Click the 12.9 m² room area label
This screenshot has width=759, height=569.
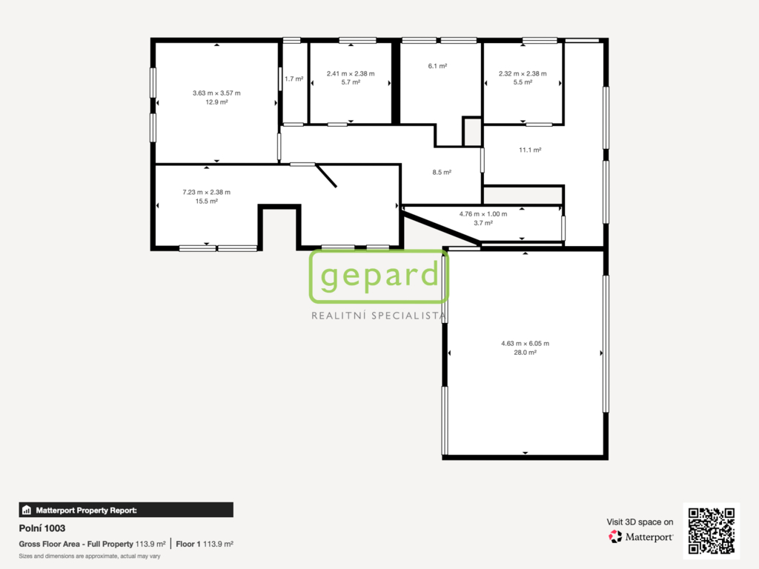216,102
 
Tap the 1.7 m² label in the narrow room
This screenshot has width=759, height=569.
294,79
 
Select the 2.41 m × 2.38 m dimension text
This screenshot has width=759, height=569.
351,73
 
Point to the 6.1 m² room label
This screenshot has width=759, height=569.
437,66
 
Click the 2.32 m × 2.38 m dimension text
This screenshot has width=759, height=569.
523,73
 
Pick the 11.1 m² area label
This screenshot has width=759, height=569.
530,150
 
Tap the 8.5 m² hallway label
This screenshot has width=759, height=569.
442,172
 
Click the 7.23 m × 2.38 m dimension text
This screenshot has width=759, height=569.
207,192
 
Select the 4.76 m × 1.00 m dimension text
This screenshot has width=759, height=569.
483,214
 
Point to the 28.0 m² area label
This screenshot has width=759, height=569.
526,353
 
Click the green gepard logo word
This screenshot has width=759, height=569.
379,275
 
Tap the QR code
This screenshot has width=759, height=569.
712,530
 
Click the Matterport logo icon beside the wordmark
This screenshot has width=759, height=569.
615,536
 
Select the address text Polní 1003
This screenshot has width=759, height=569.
42,528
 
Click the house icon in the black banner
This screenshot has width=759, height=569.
27,510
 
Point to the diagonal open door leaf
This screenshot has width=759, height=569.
326,176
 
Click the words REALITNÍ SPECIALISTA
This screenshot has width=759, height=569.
379,316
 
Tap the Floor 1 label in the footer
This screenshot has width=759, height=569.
188,544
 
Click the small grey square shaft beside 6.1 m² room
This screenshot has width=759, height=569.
472,132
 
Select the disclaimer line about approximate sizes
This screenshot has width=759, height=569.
90,556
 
